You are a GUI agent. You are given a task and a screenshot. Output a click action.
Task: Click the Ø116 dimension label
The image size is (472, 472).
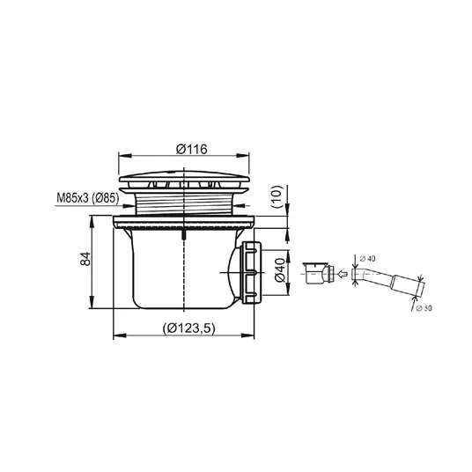[x=192, y=149]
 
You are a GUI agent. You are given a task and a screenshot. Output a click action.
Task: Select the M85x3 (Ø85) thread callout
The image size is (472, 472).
[x=88, y=198]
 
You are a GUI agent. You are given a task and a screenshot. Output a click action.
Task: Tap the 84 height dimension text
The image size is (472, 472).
[x=85, y=259]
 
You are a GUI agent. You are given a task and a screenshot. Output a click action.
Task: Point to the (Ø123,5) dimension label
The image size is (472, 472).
[x=189, y=328]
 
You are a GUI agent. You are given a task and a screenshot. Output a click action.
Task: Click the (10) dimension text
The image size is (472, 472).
[x=277, y=197]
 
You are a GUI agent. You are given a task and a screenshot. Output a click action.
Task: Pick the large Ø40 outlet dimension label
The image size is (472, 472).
[x=280, y=270]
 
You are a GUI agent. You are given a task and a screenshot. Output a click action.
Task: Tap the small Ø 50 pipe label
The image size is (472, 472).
[x=424, y=308]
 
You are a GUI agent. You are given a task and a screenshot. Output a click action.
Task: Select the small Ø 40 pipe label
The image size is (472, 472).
[x=367, y=258]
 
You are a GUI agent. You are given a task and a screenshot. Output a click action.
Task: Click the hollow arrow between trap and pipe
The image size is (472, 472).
[x=343, y=274]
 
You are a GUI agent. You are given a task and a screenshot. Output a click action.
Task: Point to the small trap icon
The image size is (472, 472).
[x=319, y=273]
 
